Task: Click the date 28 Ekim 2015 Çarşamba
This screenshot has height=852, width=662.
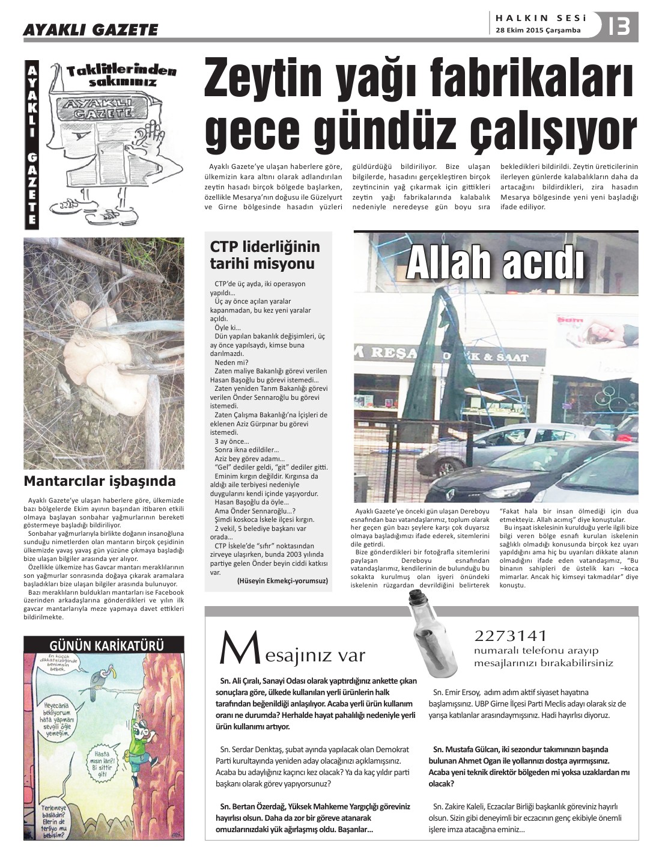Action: coord(538,30)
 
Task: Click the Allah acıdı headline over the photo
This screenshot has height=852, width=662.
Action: coord(496,264)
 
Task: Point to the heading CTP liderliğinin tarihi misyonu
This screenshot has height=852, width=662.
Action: coord(265,255)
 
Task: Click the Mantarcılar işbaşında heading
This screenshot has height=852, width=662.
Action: coord(100,481)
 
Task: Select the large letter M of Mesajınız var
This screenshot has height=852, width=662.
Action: coord(233,649)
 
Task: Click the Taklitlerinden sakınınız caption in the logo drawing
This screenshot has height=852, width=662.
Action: coord(122,75)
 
